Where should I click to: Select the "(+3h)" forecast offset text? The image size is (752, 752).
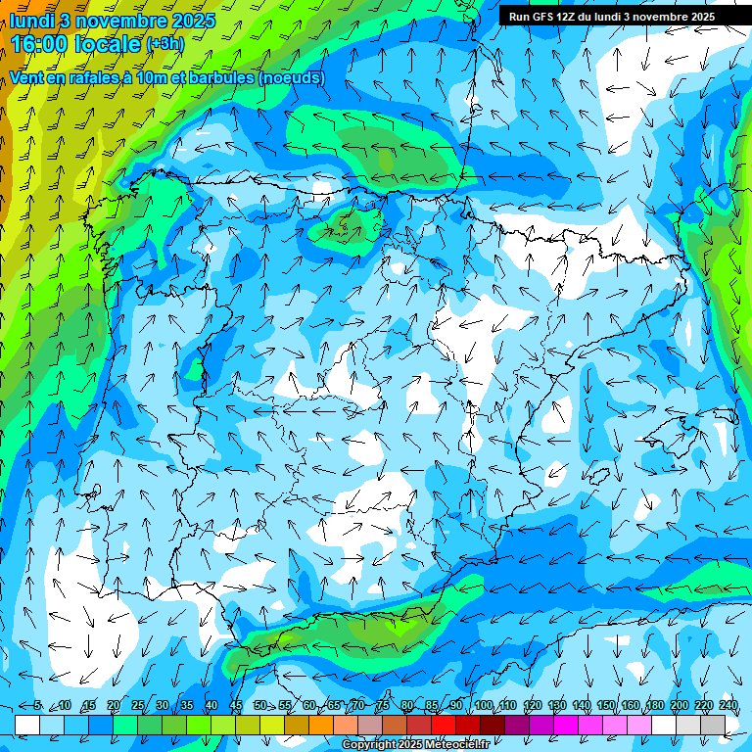click(164, 44)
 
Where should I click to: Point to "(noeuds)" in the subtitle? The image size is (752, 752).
click(290, 77)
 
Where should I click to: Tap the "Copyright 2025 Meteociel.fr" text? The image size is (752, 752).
click(415, 745)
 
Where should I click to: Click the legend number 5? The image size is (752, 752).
click(37, 706)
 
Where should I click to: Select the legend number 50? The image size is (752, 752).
click(259, 706)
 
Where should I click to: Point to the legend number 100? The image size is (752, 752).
click(484, 706)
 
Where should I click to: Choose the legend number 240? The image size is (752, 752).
click(728, 706)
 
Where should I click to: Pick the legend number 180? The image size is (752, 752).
click(655, 706)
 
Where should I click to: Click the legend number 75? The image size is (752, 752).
click(382, 706)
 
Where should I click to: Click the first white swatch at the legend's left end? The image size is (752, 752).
click(26, 725)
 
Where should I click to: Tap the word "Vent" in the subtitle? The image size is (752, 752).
click(27, 77)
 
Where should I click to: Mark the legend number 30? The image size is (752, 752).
click(162, 706)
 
